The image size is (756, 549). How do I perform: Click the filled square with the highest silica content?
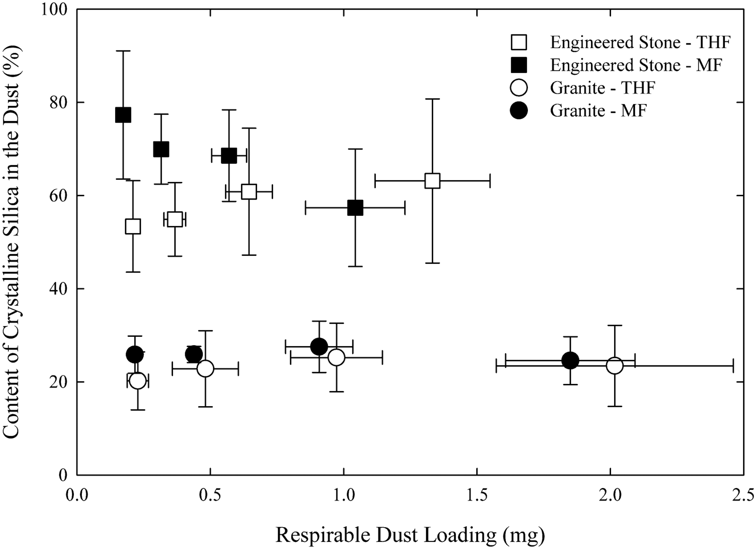tap(123, 115)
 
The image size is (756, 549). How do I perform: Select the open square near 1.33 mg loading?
tap(432, 181)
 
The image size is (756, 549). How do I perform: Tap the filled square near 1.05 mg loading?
tap(355, 208)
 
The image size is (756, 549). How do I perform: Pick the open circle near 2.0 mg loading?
tap(614, 365)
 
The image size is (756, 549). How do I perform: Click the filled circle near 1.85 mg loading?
tap(570, 360)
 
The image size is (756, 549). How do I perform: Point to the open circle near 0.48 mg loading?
tap(205, 369)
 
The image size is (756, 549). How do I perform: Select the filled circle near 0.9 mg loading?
tap(319, 347)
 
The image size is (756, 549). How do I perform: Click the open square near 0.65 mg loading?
tap(249, 192)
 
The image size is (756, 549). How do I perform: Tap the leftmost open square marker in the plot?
tap(133, 226)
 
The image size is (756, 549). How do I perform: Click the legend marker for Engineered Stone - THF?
tap(519, 42)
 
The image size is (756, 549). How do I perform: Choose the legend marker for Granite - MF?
tap(519, 111)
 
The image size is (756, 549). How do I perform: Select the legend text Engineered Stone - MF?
tap(636, 66)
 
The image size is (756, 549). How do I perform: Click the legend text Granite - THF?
tap(603, 88)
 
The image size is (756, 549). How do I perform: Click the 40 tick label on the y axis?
tap(60, 289)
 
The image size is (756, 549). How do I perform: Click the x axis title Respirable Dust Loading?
tap(410, 535)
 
